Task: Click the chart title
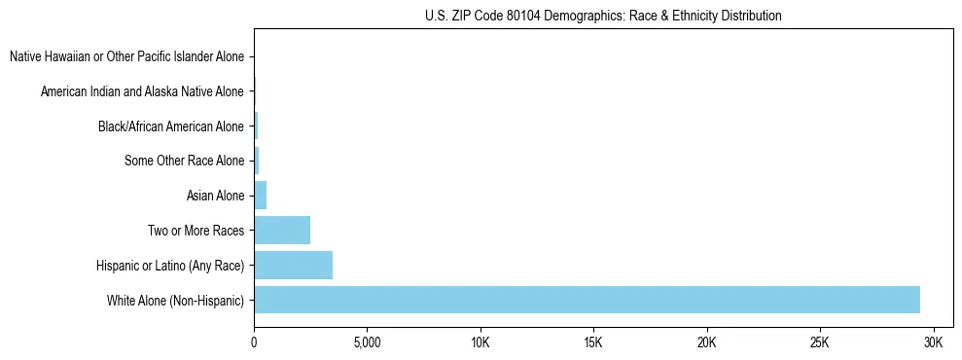pos(603,16)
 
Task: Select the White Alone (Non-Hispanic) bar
pos(587,300)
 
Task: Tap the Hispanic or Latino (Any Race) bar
pos(293,265)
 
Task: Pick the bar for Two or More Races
pos(282,231)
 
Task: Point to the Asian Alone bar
pos(260,196)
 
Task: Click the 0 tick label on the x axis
pos(254,343)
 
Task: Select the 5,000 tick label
pos(367,343)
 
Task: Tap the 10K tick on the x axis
pos(481,343)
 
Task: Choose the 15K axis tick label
pos(593,343)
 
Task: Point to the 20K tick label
pos(706,343)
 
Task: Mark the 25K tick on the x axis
pos(820,343)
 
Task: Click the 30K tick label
pos(933,343)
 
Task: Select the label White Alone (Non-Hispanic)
pos(175,301)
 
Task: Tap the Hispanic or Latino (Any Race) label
pos(170,266)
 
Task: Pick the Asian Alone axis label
pos(215,196)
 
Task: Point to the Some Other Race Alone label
pos(184,161)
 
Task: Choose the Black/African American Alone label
pos(171,126)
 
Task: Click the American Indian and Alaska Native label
pos(142,91)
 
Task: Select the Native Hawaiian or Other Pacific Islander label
pos(126,56)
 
